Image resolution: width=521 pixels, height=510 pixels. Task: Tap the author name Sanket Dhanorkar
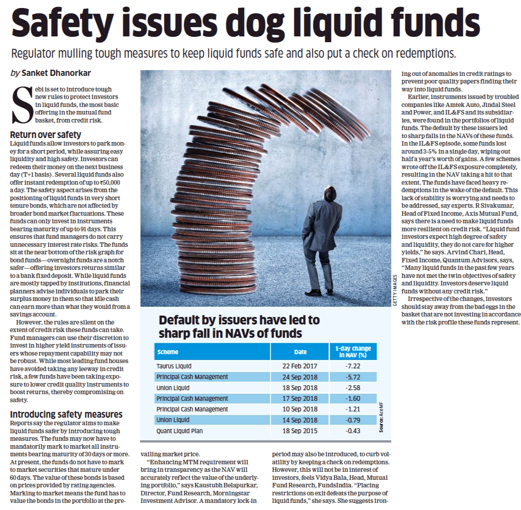[56, 73]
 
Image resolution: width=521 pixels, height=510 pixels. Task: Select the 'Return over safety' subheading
[46, 134]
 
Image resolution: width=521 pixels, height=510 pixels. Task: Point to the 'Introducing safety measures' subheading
[66, 414]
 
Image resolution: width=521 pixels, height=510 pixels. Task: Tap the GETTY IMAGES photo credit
[395, 290]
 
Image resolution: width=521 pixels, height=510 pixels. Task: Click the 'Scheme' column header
[168, 352]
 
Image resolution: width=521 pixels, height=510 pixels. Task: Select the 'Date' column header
[300, 352]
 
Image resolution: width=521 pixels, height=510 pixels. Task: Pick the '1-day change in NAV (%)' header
[353, 352]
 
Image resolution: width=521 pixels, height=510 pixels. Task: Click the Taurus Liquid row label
[174, 366]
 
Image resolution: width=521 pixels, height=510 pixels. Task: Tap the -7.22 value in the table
[353, 366]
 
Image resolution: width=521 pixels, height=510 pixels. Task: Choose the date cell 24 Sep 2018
[300, 377]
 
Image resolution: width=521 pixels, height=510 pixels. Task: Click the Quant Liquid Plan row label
[179, 431]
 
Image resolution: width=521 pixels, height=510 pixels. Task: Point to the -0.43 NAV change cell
[353, 431]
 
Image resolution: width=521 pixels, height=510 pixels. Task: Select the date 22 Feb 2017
[300, 366]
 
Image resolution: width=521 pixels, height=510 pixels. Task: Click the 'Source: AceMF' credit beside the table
[381, 417]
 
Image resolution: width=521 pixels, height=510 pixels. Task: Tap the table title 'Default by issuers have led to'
[239, 320]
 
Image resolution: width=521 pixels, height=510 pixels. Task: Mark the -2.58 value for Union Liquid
[353, 387]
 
